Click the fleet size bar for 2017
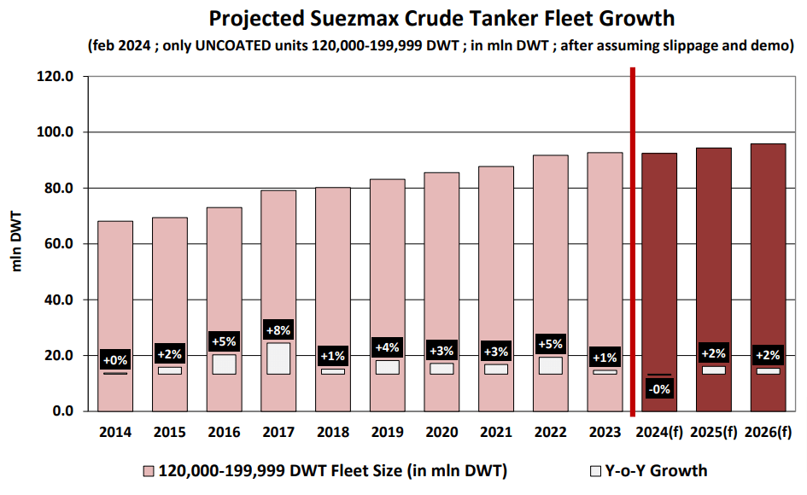(x=278, y=256)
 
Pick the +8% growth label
(x=278, y=331)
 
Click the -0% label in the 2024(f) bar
(x=659, y=389)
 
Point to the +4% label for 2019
(x=387, y=347)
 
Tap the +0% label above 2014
(x=115, y=360)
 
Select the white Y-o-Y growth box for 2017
(x=278, y=358)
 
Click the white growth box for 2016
(x=224, y=364)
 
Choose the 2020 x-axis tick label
(x=442, y=432)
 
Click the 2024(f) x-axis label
(x=659, y=432)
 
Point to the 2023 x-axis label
(x=605, y=432)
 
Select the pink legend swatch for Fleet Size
(x=149, y=471)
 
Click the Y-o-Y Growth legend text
(x=657, y=471)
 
